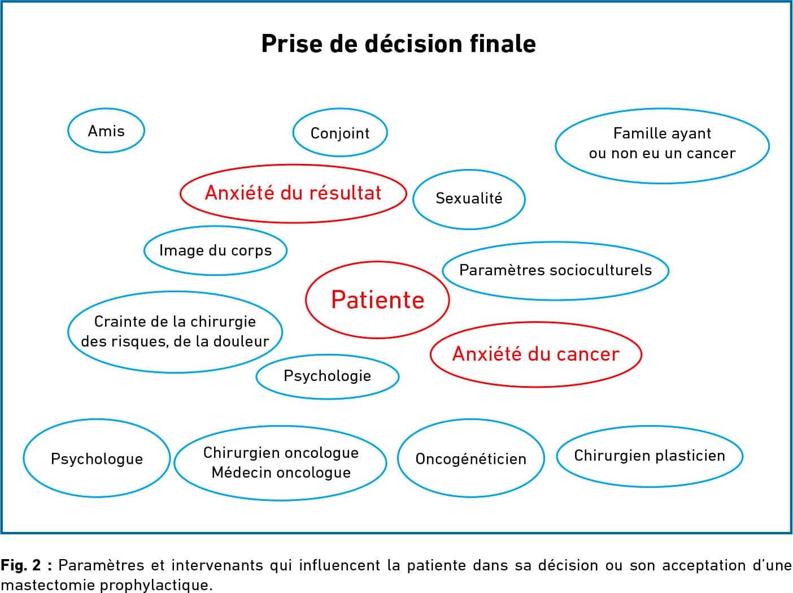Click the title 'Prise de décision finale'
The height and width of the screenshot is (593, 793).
(398, 44)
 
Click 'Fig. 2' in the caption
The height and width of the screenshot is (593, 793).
(20, 565)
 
